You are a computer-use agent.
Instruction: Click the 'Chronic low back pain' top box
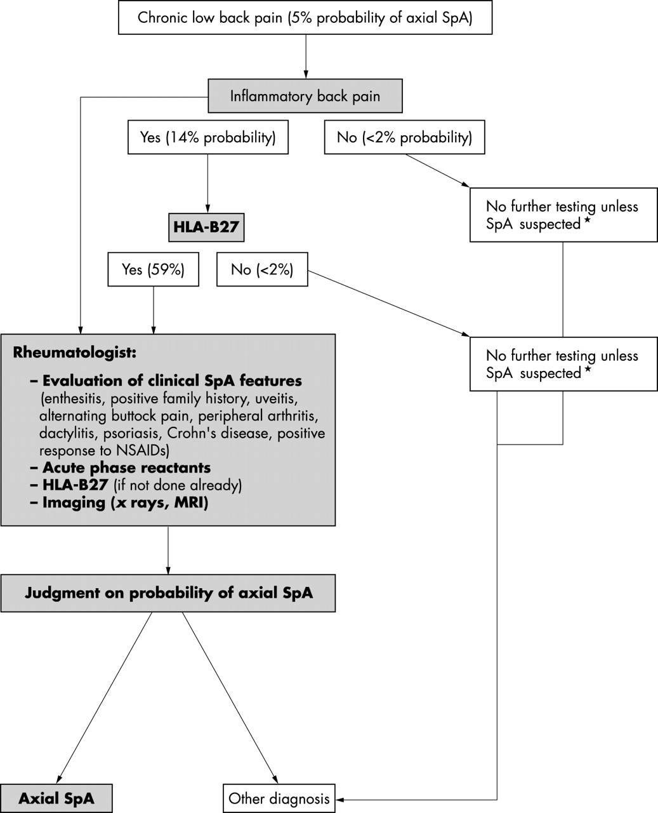tap(305, 18)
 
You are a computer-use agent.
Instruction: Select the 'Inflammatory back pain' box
tap(305, 96)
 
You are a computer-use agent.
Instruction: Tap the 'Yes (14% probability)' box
tap(207, 137)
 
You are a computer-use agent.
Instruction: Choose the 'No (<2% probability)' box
tap(404, 137)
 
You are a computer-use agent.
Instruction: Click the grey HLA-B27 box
tap(206, 227)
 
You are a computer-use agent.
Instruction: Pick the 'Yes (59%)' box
tap(154, 269)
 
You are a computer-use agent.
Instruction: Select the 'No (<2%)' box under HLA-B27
tap(262, 269)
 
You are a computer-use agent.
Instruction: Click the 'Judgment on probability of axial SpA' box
tap(168, 593)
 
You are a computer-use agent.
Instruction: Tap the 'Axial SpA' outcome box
tap(56, 798)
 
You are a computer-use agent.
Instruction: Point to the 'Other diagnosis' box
tap(279, 798)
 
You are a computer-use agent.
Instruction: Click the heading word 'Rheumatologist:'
tap(75, 353)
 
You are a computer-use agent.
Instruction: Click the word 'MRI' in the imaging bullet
tap(191, 502)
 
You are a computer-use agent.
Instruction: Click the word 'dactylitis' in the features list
tap(69, 434)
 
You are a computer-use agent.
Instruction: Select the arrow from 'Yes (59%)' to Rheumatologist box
tap(154, 311)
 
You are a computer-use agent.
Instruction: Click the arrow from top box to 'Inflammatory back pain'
tap(305, 57)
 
